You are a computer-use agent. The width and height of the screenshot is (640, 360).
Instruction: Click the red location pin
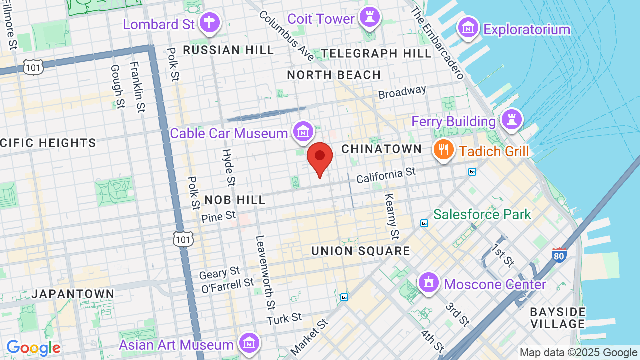click(x=320, y=158)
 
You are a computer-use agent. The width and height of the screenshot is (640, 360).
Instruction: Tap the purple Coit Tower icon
click(x=370, y=18)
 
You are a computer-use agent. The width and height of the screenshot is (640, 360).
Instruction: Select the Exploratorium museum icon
click(x=469, y=28)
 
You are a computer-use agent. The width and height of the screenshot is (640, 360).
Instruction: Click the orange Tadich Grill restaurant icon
click(x=443, y=149)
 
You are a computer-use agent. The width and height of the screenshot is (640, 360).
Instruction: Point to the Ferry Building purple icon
click(x=512, y=120)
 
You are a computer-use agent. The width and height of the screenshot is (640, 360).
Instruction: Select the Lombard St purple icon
click(x=210, y=23)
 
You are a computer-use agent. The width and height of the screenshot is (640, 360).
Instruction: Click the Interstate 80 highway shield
click(x=559, y=255)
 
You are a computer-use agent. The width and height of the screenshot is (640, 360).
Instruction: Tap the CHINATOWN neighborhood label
click(x=382, y=149)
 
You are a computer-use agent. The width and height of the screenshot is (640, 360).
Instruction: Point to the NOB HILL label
click(x=235, y=200)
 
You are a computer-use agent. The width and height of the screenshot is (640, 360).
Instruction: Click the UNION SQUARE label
click(x=361, y=251)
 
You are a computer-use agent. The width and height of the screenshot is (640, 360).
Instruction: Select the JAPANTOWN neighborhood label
click(x=73, y=294)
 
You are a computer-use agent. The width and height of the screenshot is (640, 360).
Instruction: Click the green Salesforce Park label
click(x=482, y=215)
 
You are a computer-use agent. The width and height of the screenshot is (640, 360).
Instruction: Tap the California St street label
click(x=386, y=175)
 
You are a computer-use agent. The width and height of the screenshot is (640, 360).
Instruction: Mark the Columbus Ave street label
click(x=286, y=36)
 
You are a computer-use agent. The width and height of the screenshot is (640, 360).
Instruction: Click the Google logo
click(x=33, y=348)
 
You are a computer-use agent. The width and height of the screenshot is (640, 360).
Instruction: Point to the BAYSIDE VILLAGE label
click(x=558, y=318)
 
